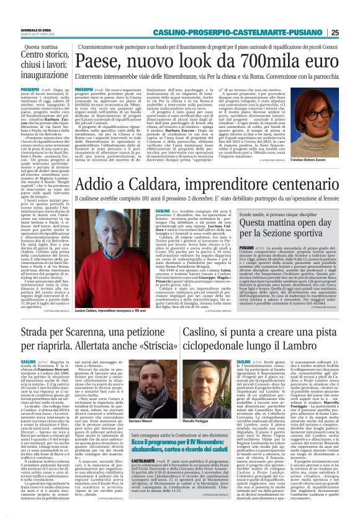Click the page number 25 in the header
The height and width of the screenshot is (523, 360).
[352, 33]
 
